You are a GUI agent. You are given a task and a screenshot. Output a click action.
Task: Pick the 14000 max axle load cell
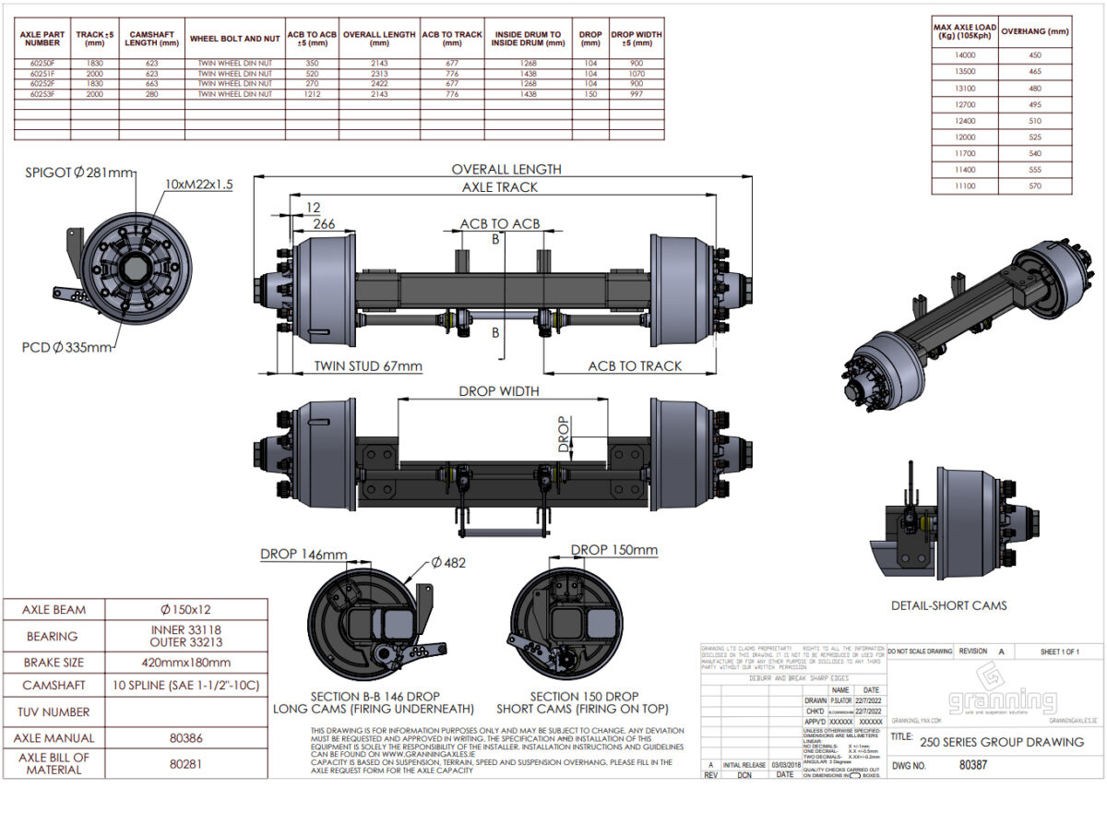tap(964, 54)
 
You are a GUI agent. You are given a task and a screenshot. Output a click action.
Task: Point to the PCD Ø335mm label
tap(66, 347)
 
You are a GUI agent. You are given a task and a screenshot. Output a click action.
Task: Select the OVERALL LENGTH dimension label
tap(505, 169)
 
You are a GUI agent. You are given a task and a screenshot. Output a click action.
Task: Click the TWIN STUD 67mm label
tap(368, 366)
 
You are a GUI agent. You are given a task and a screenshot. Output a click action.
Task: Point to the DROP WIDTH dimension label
tap(499, 391)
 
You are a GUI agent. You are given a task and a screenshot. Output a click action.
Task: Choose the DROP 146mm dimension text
tap(304, 555)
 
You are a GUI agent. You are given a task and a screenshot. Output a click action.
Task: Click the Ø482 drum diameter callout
tap(450, 563)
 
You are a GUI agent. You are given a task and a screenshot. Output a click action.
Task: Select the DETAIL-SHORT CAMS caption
tap(948, 605)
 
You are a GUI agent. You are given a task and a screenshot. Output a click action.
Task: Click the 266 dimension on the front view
tap(324, 223)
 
